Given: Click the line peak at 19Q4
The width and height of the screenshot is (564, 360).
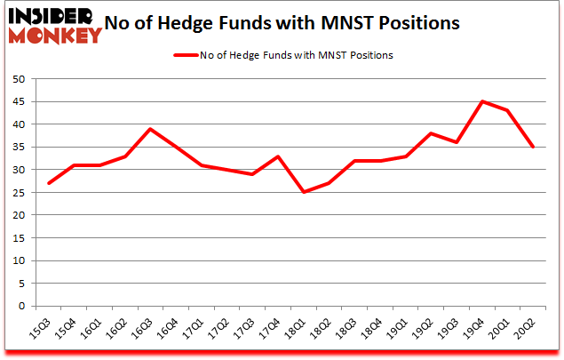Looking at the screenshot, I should (482, 101).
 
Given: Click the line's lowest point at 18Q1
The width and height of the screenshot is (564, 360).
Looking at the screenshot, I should (303, 192).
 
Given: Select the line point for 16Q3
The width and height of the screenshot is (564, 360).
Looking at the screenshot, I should (150, 129).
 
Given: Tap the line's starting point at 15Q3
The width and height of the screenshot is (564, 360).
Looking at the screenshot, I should (48, 183).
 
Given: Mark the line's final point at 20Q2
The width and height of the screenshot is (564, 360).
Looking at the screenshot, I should (533, 147).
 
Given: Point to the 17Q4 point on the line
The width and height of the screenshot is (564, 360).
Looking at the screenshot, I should (278, 156).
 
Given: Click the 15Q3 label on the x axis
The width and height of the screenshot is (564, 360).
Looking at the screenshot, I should (42, 331).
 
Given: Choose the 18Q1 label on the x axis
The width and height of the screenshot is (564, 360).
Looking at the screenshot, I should (297, 331).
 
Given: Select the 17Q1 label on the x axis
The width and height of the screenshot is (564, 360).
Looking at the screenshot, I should (195, 331).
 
